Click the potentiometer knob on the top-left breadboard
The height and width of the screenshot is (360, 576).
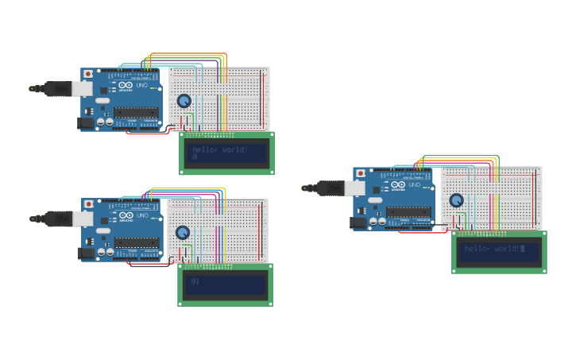click(184, 101)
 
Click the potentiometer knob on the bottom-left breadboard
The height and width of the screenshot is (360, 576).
click(183, 232)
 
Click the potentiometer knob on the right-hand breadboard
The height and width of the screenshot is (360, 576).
click(456, 200)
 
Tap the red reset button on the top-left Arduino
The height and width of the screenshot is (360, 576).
click(87, 74)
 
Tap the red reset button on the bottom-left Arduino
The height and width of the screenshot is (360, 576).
click(87, 204)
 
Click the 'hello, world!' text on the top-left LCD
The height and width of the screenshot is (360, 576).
click(220, 149)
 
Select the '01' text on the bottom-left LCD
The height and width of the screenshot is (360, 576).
click(195, 281)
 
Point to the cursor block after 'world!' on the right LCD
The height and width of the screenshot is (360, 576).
click(523, 249)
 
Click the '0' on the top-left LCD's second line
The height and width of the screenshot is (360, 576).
click(195, 157)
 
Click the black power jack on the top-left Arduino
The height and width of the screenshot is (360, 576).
click(86, 123)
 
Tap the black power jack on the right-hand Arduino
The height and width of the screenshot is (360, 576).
click(358, 223)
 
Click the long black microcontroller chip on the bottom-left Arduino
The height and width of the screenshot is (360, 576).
click(136, 242)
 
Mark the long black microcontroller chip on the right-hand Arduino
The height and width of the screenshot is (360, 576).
click(408, 212)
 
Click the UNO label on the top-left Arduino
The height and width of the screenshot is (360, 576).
click(143, 85)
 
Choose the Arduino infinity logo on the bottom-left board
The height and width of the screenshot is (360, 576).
click(126, 216)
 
